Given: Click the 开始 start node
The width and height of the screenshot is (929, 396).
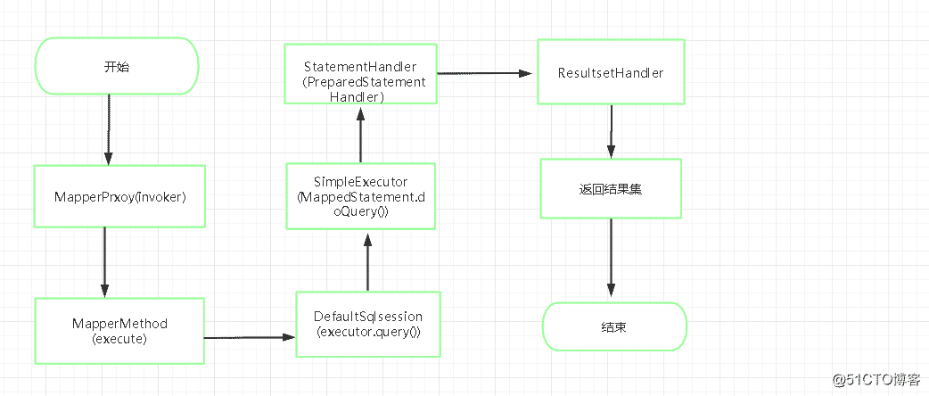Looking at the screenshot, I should (x=116, y=66).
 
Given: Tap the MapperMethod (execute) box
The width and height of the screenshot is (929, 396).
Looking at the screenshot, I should (x=119, y=331).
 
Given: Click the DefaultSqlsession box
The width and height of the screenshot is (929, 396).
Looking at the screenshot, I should (x=368, y=324).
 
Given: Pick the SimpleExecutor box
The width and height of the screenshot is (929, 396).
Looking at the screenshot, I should (x=361, y=195).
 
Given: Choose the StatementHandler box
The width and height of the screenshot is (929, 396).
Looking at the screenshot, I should (x=359, y=74).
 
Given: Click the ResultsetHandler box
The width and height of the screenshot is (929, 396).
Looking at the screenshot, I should (x=611, y=72).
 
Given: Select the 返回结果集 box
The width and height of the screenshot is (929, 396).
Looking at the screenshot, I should (x=611, y=188).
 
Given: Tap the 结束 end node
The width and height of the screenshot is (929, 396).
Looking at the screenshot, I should (x=614, y=326).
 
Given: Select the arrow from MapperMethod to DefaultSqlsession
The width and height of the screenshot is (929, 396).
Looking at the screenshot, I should (x=250, y=338).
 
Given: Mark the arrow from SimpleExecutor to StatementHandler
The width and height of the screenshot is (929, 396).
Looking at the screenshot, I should (x=360, y=136).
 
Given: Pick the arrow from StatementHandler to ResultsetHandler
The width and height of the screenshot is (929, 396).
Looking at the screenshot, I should (x=487, y=74).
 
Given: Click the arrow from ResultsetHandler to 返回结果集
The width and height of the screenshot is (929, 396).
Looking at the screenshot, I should (x=611, y=132).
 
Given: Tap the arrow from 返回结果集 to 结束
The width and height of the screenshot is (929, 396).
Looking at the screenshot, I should (x=611, y=259).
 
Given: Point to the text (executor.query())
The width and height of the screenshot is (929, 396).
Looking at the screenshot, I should (x=368, y=332).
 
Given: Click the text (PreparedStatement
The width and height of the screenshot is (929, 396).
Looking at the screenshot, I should (x=365, y=82).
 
